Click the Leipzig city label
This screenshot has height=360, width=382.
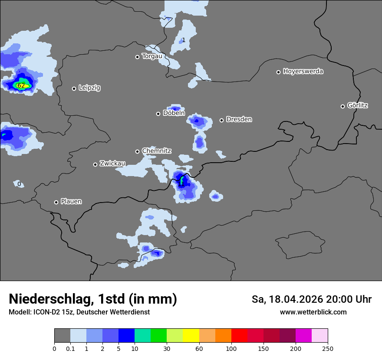(89, 88)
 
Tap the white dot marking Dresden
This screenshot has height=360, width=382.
(221, 120)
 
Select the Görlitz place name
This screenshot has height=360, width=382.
(358, 105)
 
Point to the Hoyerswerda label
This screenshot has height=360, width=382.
(303, 72)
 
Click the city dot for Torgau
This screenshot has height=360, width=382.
(137, 57)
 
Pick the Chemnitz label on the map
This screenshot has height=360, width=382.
(156, 151)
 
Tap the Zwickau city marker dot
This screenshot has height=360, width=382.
(95, 164)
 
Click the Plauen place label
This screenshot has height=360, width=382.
(71, 202)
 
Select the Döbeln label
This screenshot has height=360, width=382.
(174, 113)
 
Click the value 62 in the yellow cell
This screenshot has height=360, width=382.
(21, 85)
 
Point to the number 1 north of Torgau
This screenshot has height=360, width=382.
(184, 40)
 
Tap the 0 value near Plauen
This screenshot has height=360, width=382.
(19, 184)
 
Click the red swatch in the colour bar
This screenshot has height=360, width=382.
(239, 336)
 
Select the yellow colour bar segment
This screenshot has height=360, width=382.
(191, 336)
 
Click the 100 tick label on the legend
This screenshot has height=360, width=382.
(231, 348)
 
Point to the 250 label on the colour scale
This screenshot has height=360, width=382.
(327, 348)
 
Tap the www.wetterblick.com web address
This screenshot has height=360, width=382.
(313, 312)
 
